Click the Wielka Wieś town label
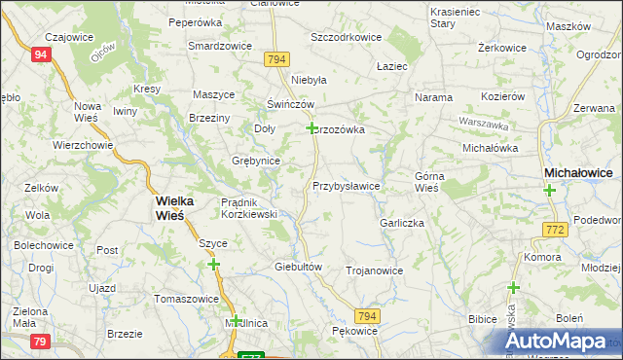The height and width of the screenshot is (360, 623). [175, 209]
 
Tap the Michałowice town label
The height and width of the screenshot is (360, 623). [578, 172]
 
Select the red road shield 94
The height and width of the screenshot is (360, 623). [40, 54]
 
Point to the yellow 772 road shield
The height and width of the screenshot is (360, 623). [555, 229]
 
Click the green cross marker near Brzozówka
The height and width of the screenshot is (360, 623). [311, 127]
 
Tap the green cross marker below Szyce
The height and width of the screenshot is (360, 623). [213, 264]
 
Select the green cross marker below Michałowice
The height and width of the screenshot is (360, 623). [549, 191]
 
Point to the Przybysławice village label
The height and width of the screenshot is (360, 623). [346, 185]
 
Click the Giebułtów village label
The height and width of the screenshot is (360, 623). [299, 266]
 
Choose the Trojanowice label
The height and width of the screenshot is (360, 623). [374, 270]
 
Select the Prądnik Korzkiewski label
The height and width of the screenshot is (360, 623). [250, 207]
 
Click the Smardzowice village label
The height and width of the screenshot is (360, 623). [220, 46]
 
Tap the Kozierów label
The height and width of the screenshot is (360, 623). [503, 97]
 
